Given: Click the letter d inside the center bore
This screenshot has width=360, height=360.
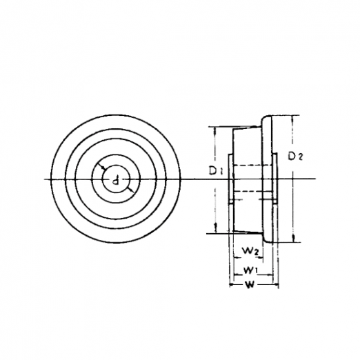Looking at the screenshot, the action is (x=116, y=180).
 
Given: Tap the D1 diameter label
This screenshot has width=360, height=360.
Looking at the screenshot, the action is (x=216, y=171).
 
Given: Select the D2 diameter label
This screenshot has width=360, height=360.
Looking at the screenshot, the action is (x=295, y=157).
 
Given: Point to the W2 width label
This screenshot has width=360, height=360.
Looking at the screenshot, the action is (x=251, y=250).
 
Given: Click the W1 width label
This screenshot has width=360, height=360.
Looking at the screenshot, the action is (x=250, y=270).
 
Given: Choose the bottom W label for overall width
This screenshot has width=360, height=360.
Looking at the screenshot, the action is (x=250, y=285).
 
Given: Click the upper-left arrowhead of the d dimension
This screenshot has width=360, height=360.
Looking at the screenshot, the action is (x=103, y=168).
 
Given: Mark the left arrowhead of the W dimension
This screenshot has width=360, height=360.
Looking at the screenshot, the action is (x=232, y=285).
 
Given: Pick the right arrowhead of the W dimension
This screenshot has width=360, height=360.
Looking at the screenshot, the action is (x=277, y=286).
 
